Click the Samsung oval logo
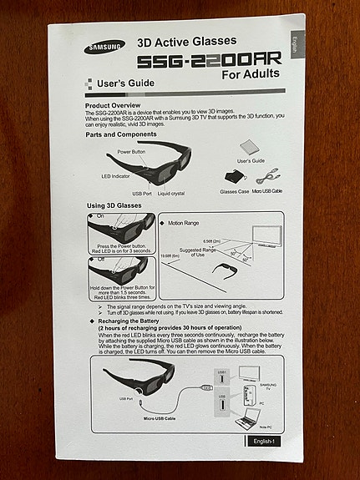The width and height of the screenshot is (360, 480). coord(104,47)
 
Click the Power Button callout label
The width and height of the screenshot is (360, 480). coord(130,151)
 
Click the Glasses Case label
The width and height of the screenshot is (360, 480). coord(236,191)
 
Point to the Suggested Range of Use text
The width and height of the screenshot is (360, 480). coord(197,250)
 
